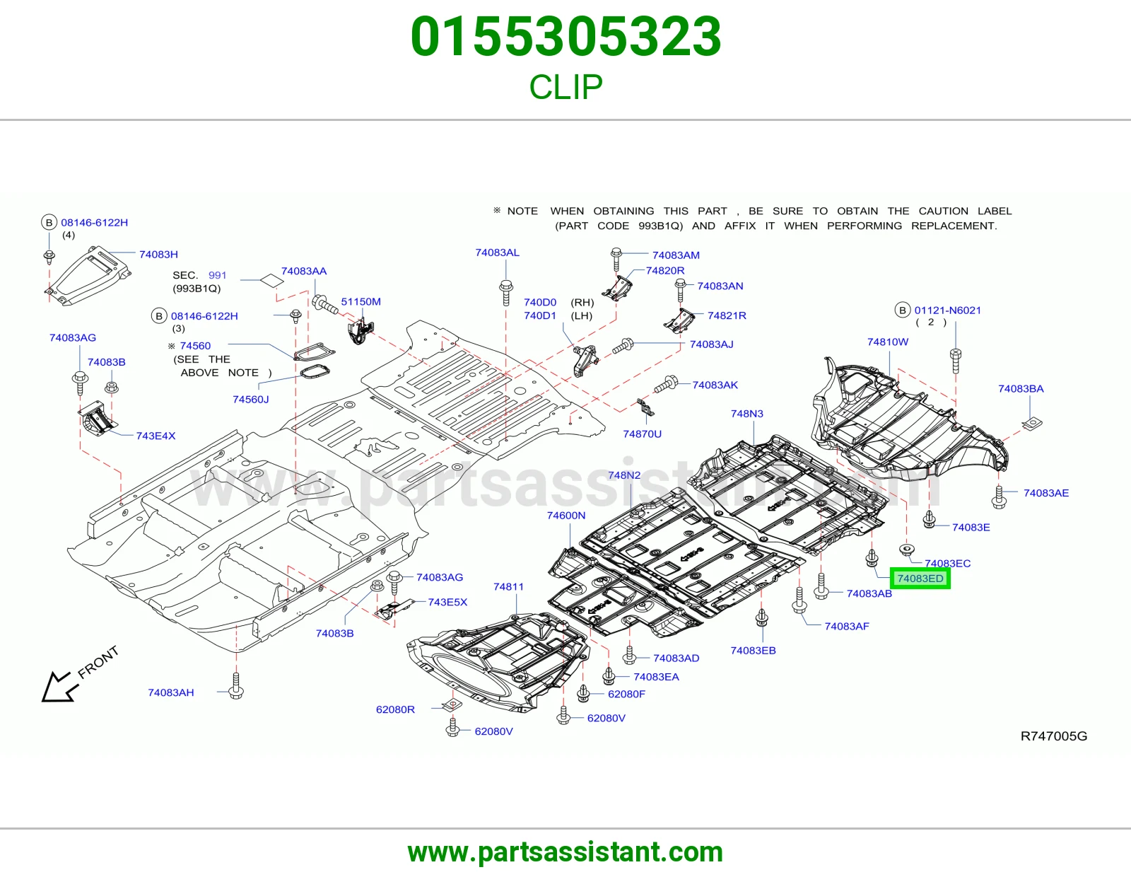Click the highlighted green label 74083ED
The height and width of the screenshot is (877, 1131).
click(920, 578)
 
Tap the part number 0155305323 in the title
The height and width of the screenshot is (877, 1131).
click(565, 36)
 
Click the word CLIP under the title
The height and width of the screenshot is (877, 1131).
click(565, 87)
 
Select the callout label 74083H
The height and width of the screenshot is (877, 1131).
click(158, 254)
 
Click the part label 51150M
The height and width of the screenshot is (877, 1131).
click(361, 301)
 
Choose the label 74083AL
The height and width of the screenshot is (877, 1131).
click(497, 252)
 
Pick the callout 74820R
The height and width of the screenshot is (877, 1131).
click(664, 270)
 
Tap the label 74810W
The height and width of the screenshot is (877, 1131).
click(887, 342)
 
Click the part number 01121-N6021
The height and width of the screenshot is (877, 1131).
click(947, 310)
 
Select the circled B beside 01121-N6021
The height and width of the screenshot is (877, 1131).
click(902, 310)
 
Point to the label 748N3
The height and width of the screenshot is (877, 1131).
click(746, 414)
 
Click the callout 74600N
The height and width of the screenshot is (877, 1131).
click(565, 515)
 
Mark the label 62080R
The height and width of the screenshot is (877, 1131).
click(395, 709)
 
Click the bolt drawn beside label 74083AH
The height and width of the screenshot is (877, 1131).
click(236, 685)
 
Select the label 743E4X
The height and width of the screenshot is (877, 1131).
click(156, 436)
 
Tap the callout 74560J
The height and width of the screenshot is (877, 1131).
click(250, 400)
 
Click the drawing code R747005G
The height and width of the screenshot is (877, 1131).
click(1053, 736)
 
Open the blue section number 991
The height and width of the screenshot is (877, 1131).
click(217, 275)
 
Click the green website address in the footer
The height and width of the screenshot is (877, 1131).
click(565, 852)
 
